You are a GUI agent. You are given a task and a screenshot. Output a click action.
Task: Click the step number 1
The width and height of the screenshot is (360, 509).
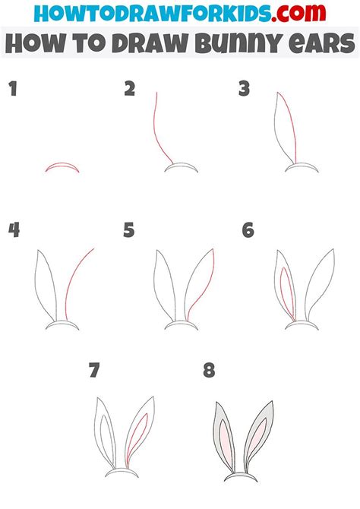(13, 89)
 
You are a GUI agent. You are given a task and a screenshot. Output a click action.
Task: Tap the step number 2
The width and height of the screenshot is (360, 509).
(130, 89)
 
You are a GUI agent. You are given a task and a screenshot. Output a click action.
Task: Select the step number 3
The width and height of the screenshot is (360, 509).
(244, 89)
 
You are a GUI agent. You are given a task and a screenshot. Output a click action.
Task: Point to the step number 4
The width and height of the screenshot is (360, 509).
(14, 230)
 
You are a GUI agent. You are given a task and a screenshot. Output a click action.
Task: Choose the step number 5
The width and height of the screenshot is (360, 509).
(129, 230)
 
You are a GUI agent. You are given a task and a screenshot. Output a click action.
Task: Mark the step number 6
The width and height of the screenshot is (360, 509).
(248, 230)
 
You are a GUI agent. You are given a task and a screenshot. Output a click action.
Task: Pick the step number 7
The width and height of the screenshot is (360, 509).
(94, 370)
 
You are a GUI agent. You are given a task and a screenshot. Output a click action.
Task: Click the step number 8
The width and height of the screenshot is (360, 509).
(209, 370)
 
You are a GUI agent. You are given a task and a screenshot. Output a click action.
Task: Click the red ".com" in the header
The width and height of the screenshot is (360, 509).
(298, 13)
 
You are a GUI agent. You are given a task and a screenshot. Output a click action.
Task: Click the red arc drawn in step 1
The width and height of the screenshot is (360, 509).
(62, 164)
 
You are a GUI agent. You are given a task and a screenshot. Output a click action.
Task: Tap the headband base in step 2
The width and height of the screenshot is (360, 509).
(181, 164)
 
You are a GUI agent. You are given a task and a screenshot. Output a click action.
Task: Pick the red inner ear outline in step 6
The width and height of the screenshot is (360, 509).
(287, 292)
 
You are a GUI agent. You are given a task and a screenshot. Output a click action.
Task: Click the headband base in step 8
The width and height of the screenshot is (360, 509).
(241, 475)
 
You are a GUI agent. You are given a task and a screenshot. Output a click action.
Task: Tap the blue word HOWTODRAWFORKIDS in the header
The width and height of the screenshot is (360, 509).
(152, 14)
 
